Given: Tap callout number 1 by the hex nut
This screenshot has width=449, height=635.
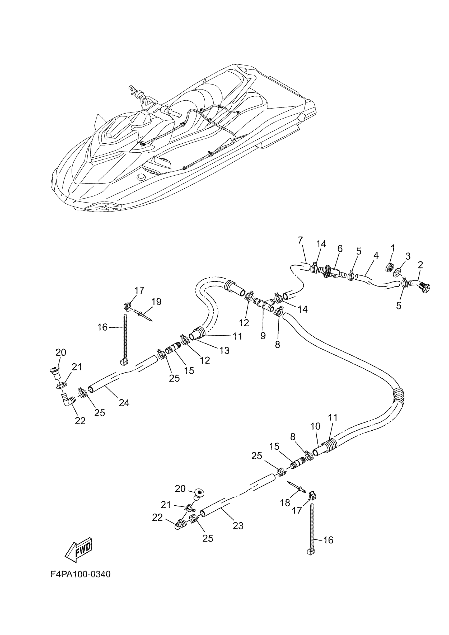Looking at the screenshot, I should [x=392, y=248].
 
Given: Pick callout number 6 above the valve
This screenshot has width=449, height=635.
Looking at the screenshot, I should [x=340, y=249].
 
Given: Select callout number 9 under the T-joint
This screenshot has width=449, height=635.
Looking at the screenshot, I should [x=263, y=336].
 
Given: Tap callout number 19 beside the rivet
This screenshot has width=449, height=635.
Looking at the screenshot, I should [x=157, y=302].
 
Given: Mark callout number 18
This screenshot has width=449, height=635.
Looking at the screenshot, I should [x=285, y=502].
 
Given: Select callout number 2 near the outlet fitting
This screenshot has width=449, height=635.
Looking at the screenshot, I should [x=420, y=265].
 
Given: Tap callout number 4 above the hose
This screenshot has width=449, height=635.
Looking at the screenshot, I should [x=375, y=255].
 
